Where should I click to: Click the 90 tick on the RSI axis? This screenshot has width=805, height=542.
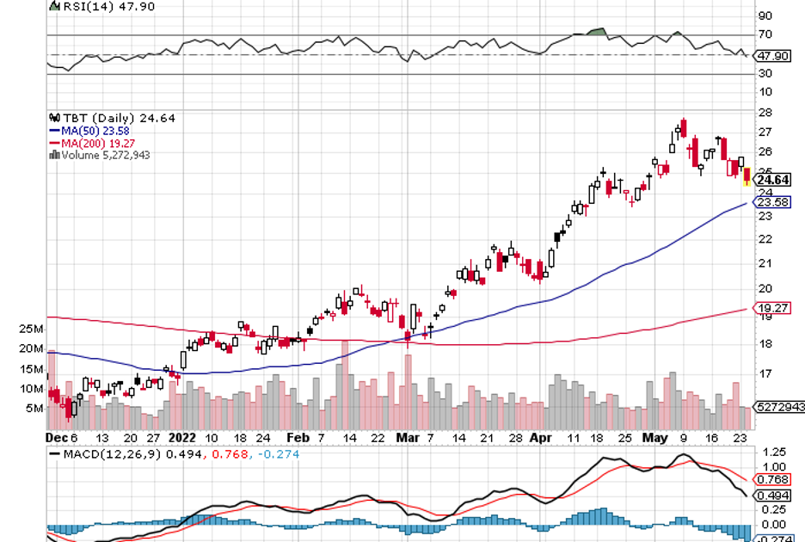pyautogui.click(x=764, y=15)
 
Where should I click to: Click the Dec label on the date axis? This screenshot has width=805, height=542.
pyautogui.click(x=56, y=437)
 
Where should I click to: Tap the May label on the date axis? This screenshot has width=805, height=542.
pyautogui.click(x=658, y=437)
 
